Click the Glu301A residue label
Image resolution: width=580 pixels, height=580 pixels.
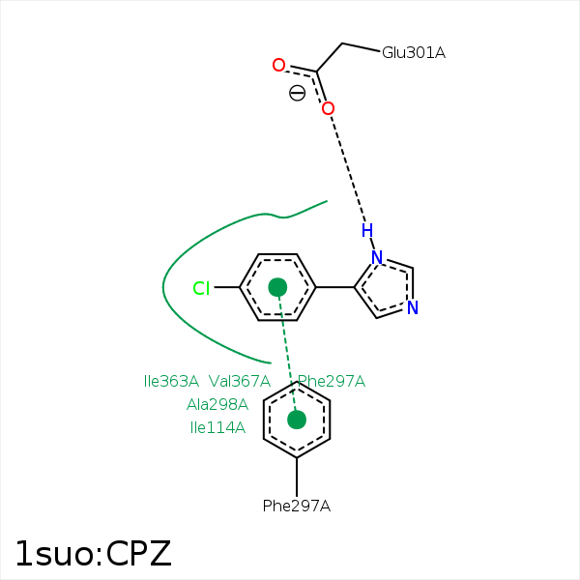pos(413,52)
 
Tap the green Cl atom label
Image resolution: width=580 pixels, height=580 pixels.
pos(201,288)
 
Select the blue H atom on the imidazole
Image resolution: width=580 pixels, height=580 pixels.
pos(366,230)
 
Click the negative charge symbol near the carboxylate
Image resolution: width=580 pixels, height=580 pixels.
pos(297,93)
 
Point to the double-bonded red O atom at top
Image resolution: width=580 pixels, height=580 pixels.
pos(278,66)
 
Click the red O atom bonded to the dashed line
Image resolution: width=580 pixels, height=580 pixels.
pos(328,108)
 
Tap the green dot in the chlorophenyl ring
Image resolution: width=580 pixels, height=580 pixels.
pos(277,287)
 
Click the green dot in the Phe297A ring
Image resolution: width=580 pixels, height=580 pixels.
pos(297,420)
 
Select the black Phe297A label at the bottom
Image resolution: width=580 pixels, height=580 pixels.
pos(297,506)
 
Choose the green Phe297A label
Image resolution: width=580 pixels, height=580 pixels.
pos(332,381)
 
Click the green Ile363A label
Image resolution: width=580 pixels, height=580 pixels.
pos(171,381)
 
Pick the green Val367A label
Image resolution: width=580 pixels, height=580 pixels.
pos(239,381)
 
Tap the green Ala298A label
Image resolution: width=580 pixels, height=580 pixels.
pos(217,404)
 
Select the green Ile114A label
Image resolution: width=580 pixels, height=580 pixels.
pos(217,427)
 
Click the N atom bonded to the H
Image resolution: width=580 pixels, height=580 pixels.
pos(377,258)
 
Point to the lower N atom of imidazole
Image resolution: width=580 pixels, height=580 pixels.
pos(412,308)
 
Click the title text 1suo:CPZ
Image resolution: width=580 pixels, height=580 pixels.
pos(93,553)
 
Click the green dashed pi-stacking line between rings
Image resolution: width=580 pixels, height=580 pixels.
pos(287,353)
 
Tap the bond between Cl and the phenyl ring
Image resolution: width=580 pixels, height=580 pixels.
pos(226,288)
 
